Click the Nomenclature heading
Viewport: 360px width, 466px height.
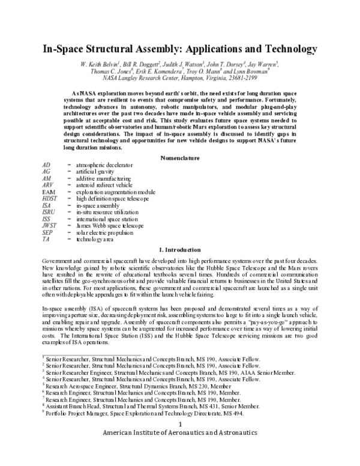180,157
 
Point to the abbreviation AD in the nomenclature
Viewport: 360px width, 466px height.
47,165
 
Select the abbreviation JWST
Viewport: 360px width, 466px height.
50,225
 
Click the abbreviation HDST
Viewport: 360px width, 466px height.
50,199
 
